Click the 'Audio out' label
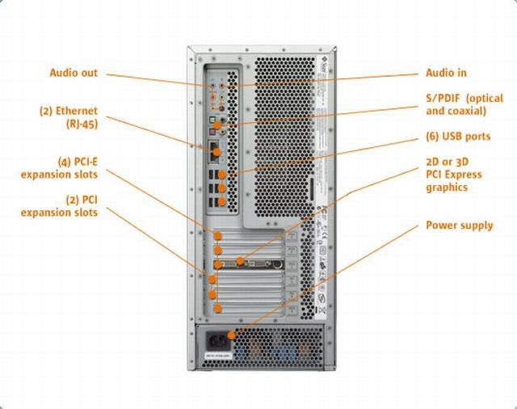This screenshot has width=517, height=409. [74, 73]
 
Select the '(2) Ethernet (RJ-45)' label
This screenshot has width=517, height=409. [69, 117]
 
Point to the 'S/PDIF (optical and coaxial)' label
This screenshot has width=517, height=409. [464, 104]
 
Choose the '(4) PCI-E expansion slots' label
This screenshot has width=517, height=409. [59, 168]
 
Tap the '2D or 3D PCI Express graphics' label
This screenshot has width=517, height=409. [454, 175]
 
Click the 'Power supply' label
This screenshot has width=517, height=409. [459, 225]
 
